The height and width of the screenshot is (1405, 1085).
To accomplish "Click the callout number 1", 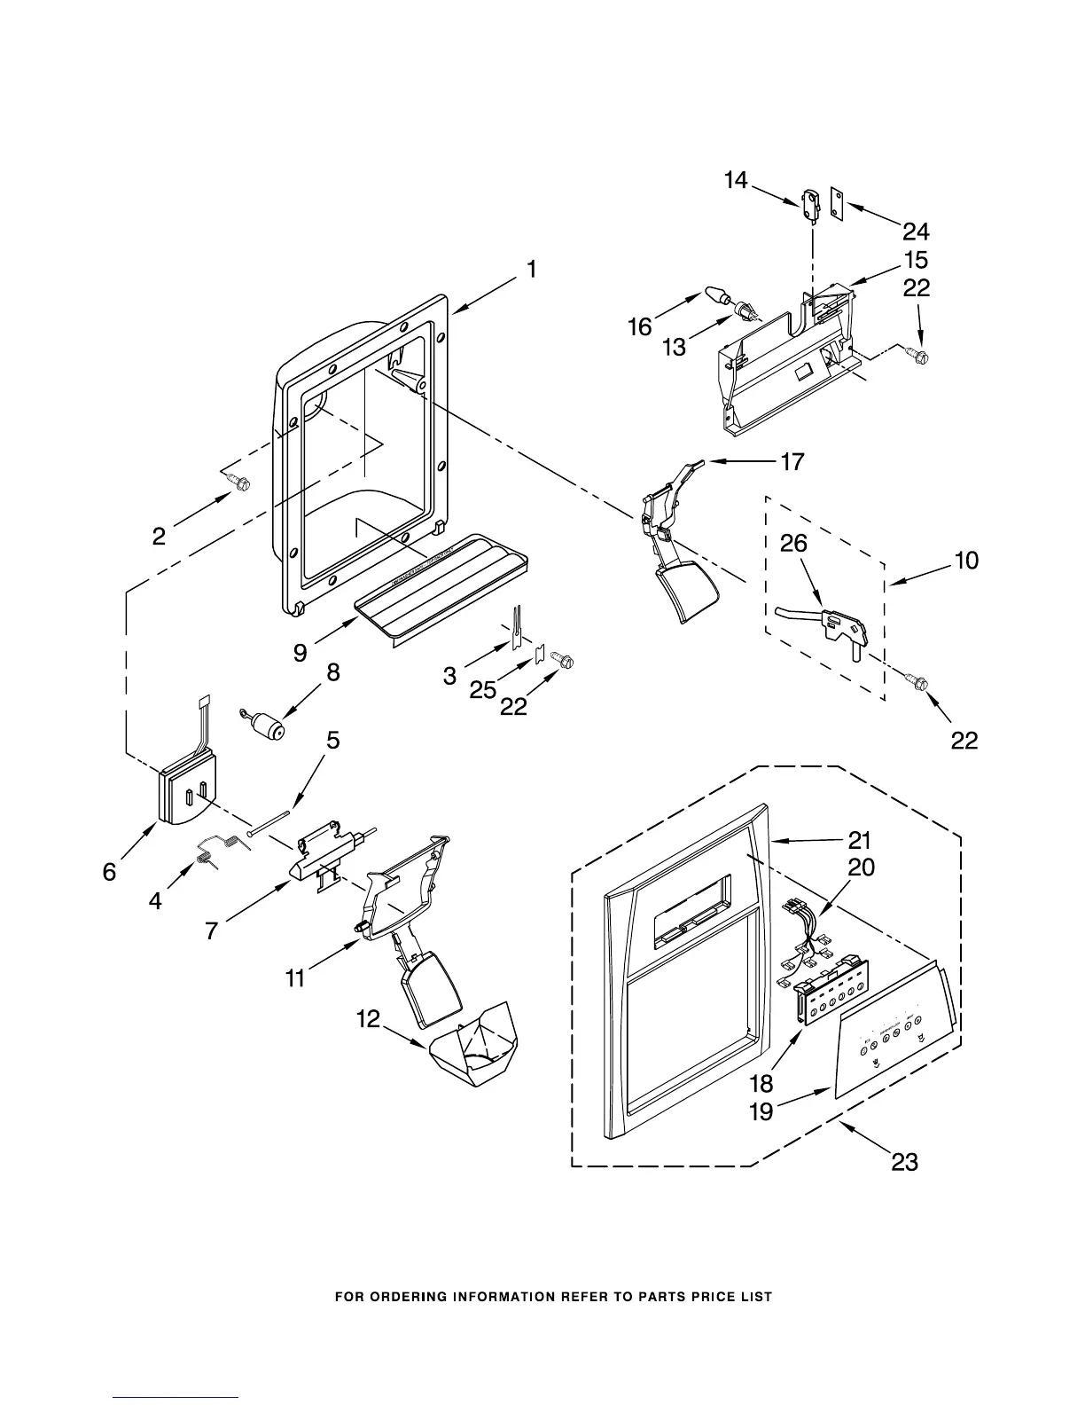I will pyautogui.click(x=530, y=269).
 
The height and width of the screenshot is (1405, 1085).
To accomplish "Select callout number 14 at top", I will pyautogui.click(x=736, y=181).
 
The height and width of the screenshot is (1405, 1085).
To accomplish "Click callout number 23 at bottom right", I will pyautogui.click(x=904, y=1161).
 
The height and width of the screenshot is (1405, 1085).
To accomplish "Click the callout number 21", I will pyautogui.click(x=860, y=839).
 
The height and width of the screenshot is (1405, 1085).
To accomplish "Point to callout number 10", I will pyautogui.click(x=966, y=561).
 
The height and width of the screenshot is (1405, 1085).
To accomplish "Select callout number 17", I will pyautogui.click(x=792, y=461).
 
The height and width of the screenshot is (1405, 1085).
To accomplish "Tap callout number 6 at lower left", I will pyautogui.click(x=109, y=872).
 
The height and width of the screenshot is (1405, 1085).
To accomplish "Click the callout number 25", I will pyautogui.click(x=482, y=689).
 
